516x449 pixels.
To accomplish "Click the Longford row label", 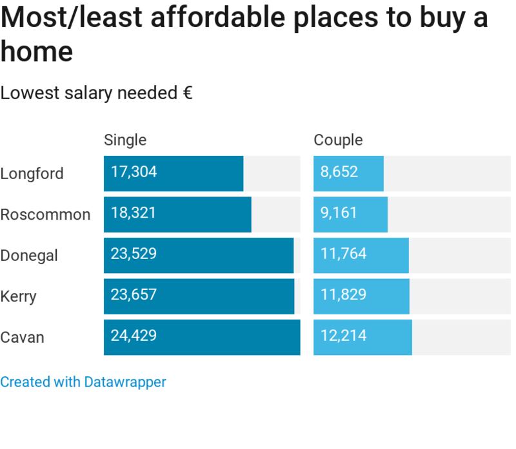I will pyautogui.click(x=32, y=174).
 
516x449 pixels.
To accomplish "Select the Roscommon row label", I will pyautogui.click(x=45, y=215).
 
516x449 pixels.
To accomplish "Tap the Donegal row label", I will pyautogui.click(x=29, y=256).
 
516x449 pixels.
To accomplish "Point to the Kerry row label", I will pyautogui.click(x=18, y=297).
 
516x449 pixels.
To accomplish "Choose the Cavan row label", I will pyautogui.click(x=22, y=338).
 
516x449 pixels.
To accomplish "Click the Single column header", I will pyautogui.click(x=125, y=140).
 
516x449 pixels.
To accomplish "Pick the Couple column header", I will pyautogui.click(x=338, y=140).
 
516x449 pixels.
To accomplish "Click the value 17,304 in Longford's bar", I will pyautogui.click(x=134, y=172).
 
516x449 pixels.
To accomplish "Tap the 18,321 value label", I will pyautogui.click(x=134, y=213).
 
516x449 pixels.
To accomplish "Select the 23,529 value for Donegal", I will pyautogui.click(x=134, y=254).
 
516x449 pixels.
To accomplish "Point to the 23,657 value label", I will pyautogui.click(x=134, y=295).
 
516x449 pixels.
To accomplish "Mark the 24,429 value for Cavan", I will pyautogui.click(x=134, y=336).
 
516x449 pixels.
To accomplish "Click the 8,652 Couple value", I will pyautogui.click(x=339, y=172).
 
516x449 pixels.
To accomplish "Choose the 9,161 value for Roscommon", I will pyautogui.click(x=339, y=213).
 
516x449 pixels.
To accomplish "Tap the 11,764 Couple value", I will pyautogui.click(x=343, y=254).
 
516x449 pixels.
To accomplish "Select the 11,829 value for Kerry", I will pyautogui.click(x=343, y=295).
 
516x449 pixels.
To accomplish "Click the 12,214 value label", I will pyautogui.click(x=343, y=336).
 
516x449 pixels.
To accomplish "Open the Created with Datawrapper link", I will pyautogui.click(x=83, y=382).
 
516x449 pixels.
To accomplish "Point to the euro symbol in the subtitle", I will pyautogui.click(x=187, y=93).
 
